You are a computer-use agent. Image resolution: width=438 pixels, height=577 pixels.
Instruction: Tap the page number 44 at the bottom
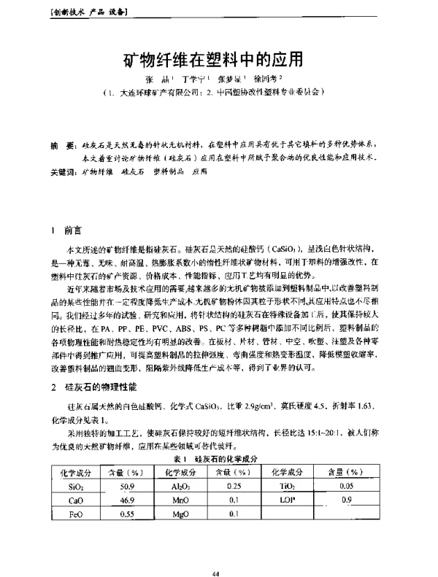pos(215,554)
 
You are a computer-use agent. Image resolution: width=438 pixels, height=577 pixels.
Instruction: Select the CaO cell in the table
pos(75,500)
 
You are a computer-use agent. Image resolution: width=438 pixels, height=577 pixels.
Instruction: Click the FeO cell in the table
pos(75,515)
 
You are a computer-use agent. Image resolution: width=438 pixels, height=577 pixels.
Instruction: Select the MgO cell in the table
pos(179,515)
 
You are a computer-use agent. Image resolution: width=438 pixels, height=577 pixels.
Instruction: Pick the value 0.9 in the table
pos(347,500)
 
